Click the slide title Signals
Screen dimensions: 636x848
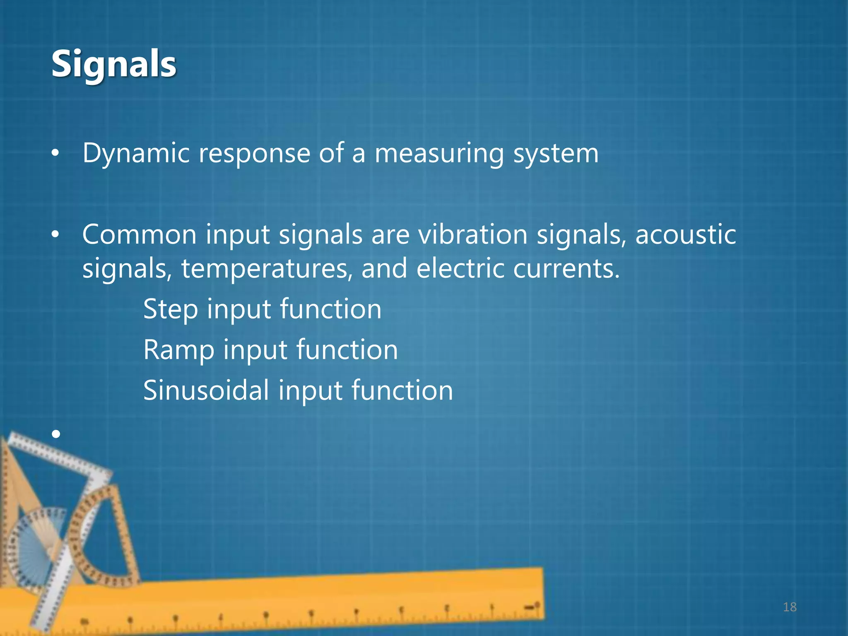coord(113,64)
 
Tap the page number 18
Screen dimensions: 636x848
coord(790,607)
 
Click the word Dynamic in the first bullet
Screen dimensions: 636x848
coord(136,153)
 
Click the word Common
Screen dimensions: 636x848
coord(139,235)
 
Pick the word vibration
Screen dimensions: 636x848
coord(472,235)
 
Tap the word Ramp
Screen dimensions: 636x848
coord(178,350)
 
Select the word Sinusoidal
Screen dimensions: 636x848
coord(206,390)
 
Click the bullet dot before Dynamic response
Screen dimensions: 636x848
coord(55,154)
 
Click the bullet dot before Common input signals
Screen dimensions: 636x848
coord(55,235)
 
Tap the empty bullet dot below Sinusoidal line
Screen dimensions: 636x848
coord(56,434)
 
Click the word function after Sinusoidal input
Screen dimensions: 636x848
coord(402,390)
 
